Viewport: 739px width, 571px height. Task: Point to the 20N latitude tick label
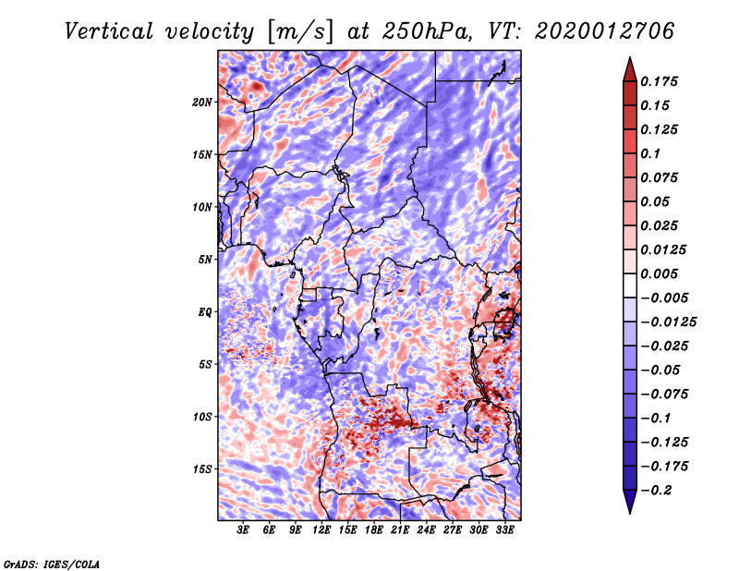(202, 102)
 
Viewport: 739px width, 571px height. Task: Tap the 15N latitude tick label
(202, 154)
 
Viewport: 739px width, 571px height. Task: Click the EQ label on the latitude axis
(204, 311)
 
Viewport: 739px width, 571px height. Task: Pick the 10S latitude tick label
(202, 417)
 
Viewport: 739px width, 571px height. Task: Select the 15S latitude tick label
(202, 469)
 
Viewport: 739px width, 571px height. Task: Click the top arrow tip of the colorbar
(628, 60)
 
